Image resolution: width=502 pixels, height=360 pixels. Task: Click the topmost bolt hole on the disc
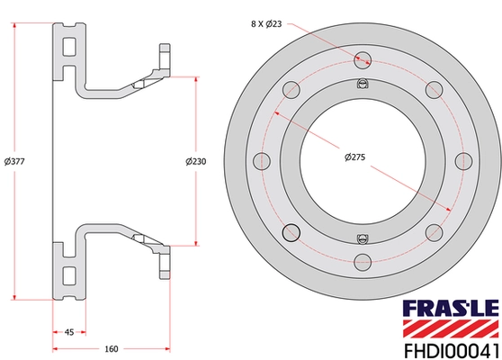[363, 59]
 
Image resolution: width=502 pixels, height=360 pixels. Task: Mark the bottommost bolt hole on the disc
[363, 262]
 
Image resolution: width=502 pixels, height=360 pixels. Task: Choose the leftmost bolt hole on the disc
[262, 161]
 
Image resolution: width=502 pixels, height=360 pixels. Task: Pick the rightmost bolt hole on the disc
[464, 161]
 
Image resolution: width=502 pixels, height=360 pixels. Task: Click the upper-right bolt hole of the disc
[435, 89]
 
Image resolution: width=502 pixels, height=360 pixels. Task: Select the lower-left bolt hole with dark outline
[291, 233]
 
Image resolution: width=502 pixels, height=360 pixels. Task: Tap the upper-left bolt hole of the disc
[291, 89]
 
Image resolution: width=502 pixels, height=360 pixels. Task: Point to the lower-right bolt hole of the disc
[435, 233]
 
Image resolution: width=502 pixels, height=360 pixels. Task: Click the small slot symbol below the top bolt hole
[363, 85]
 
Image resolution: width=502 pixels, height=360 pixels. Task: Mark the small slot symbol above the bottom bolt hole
[363, 238]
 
